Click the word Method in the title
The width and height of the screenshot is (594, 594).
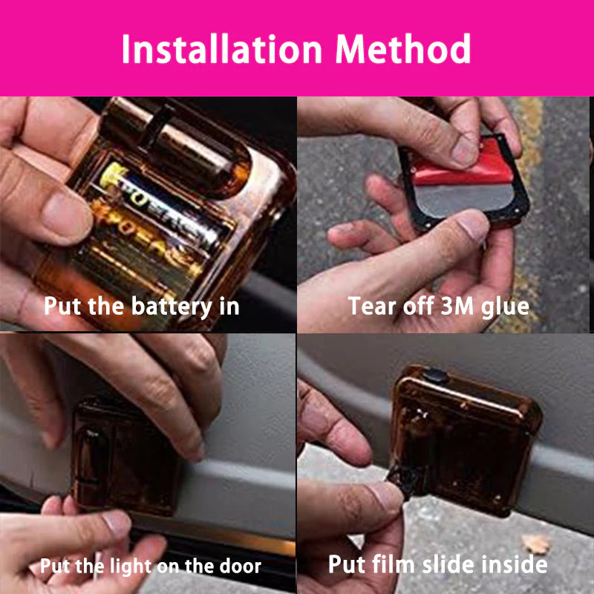pyautogui.click(x=403, y=49)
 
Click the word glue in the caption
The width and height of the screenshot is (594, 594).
pyautogui.click(x=504, y=307)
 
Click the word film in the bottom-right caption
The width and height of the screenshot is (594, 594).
pyautogui.click(x=391, y=564)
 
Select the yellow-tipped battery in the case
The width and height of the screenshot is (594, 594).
pyautogui.click(x=160, y=215)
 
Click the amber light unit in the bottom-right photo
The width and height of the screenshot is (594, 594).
pyautogui.click(x=464, y=438)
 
